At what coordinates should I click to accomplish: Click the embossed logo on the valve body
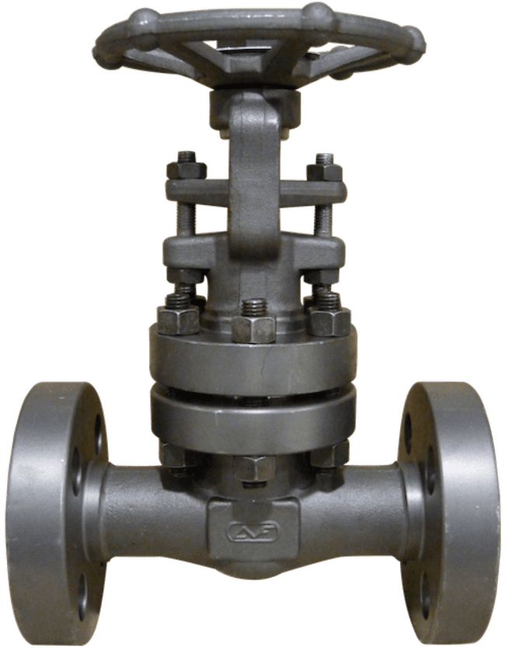(252, 532)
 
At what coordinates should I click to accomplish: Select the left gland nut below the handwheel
(186, 169)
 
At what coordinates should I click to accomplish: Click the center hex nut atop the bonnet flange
(253, 327)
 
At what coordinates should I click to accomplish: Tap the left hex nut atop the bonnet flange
(179, 318)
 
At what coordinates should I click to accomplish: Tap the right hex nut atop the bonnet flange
(329, 318)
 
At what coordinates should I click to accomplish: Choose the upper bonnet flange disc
(253, 361)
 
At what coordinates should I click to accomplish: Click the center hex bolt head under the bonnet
(253, 467)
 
